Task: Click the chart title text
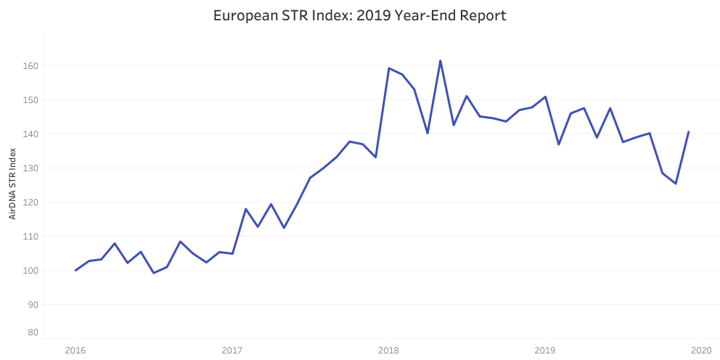point(359,16)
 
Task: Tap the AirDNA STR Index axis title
point(12,184)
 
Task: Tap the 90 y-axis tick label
point(34,304)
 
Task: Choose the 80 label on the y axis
point(34,332)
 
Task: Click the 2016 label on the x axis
point(75,349)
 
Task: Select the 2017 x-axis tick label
point(232,349)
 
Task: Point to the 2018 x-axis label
point(388,349)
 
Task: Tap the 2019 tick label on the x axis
point(545,349)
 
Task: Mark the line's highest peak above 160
point(441,61)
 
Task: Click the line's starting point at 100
point(75,271)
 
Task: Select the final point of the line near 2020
point(689,132)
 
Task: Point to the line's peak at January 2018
point(389,68)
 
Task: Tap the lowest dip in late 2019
point(676,184)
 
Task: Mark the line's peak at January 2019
point(545,97)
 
